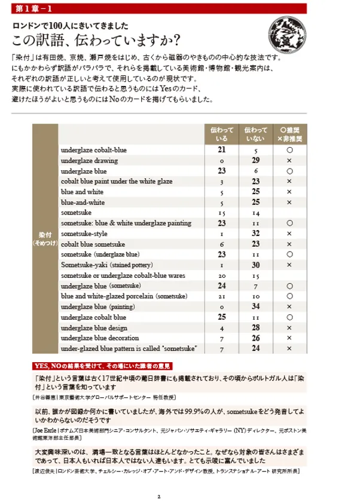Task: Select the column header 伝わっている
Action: point(221,134)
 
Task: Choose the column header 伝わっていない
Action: point(255,134)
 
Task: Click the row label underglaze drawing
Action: point(89,161)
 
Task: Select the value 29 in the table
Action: point(255,161)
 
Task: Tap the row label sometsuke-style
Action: point(84,234)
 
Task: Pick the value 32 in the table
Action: point(255,234)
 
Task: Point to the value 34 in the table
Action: point(255,307)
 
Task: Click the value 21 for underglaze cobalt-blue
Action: point(221,150)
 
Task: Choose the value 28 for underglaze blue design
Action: point(255,327)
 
